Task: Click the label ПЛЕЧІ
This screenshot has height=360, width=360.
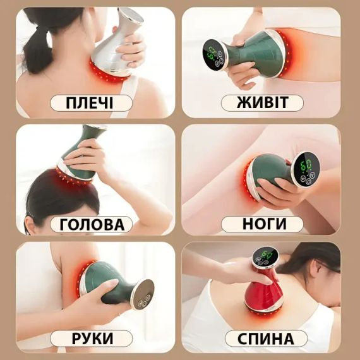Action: pos(90,103)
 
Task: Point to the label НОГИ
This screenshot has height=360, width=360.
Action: pos(264,224)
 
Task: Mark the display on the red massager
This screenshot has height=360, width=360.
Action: pos(265,257)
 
